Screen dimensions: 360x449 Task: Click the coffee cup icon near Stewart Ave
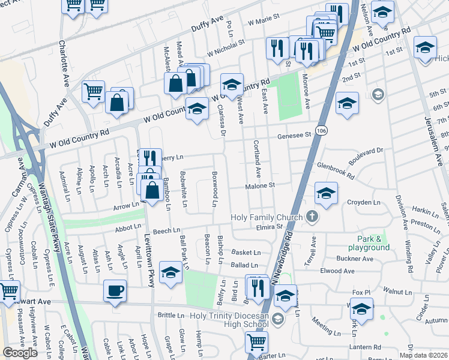click(115, 291)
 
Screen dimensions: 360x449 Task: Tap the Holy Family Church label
click(268, 217)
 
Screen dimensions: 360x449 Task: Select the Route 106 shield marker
click(322, 130)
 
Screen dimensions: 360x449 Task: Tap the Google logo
click(20, 353)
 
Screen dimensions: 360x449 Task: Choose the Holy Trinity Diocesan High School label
click(229, 320)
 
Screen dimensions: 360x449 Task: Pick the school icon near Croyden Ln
click(326, 193)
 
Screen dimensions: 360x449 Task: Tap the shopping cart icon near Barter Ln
click(257, 342)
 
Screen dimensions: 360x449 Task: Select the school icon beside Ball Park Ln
click(171, 273)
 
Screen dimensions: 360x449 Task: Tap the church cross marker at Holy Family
click(312, 215)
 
